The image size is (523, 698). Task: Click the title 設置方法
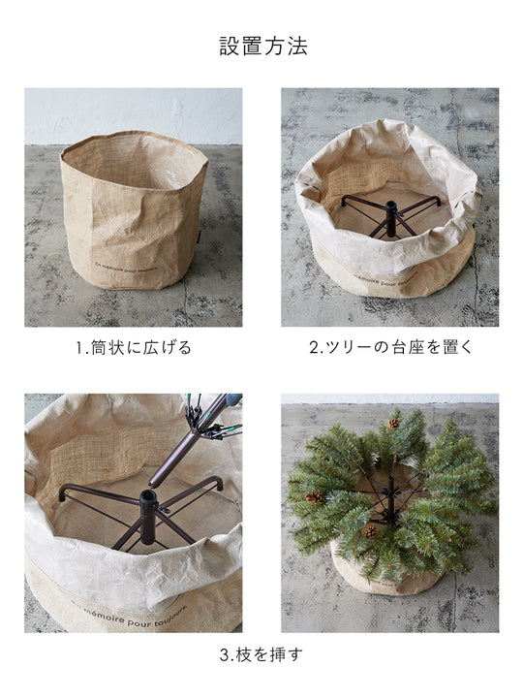click(262, 47)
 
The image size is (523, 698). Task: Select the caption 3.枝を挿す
click(261, 654)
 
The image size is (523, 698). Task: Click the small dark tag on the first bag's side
click(194, 235)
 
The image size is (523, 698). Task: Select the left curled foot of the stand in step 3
click(64, 492)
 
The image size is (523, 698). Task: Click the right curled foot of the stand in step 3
click(217, 481)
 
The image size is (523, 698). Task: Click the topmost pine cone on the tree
click(393, 424)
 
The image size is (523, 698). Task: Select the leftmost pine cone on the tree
click(314, 497)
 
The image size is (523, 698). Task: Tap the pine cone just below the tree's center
click(370, 530)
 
